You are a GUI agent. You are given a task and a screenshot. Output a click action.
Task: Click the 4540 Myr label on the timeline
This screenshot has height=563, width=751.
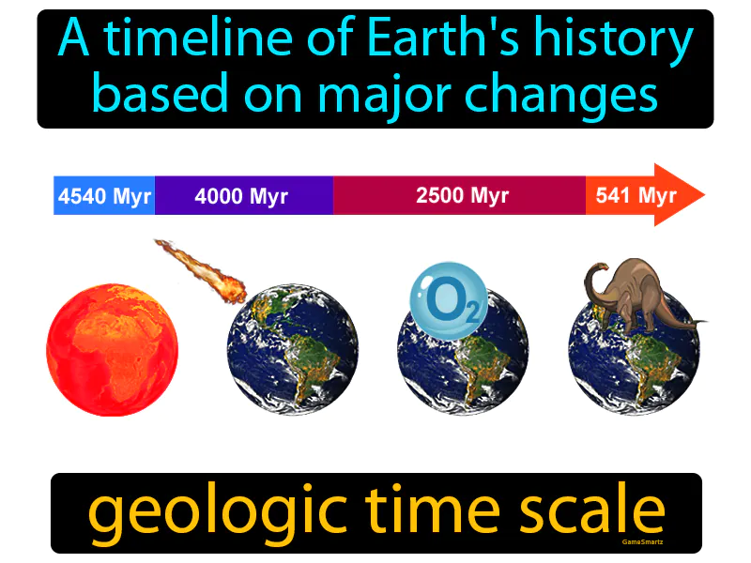[x=103, y=196]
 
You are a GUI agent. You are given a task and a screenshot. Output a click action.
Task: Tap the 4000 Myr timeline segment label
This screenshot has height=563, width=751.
[x=241, y=196]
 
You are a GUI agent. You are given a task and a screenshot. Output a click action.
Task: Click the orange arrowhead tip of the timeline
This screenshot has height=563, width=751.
[x=699, y=195]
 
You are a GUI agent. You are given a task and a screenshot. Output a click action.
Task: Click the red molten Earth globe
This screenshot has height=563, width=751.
[x=112, y=351]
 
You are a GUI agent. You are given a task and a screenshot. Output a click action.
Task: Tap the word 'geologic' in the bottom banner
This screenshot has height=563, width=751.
[x=212, y=512]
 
